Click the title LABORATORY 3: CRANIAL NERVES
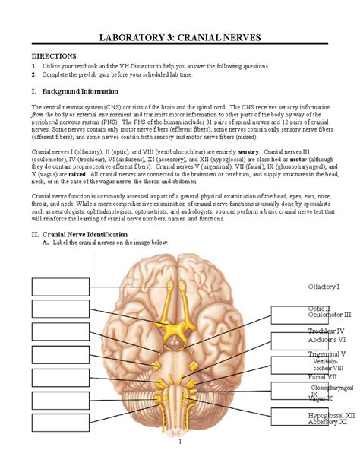coord(180,39)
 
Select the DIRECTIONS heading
coord(53,56)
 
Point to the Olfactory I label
coord(324,287)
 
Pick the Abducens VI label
coord(327,340)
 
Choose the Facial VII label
coord(322,376)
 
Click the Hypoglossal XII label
coord(331,416)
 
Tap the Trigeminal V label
coord(327,354)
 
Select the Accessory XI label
coord(327,423)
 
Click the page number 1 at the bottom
coord(180,442)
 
